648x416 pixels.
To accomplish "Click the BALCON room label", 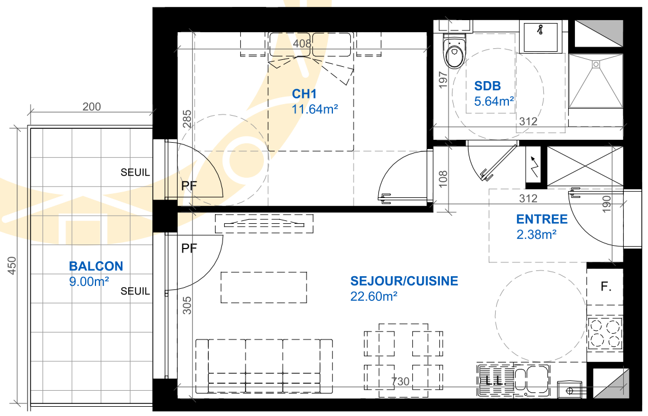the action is (x=96, y=266).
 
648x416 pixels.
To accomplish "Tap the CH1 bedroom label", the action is (x=304, y=94).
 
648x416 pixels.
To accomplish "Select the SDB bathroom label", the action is (x=487, y=86).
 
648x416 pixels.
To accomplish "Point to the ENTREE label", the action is (x=542, y=219).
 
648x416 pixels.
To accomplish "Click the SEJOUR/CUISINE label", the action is (x=404, y=281).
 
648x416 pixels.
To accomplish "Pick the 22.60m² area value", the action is (x=374, y=296).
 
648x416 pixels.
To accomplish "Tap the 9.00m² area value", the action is (x=89, y=281).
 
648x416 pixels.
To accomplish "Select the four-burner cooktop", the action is (x=605, y=334).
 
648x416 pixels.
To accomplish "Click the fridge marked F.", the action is (x=605, y=287).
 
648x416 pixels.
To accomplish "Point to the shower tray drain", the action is (x=596, y=64).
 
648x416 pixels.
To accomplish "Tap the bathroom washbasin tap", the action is (x=540, y=29).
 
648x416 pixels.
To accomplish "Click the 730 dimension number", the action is (x=400, y=381).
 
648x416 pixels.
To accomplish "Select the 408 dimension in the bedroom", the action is (x=302, y=43).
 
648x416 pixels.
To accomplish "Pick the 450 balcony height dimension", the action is (x=13, y=265).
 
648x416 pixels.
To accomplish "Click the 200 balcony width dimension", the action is (x=91, y=106).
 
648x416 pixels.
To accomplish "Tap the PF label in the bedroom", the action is (x=189, y=186).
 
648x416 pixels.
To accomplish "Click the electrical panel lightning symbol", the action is (x=535, y=166).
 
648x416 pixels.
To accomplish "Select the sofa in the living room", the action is (x=264, y=367).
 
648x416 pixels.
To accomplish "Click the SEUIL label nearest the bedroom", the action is (x=135, y=172).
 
